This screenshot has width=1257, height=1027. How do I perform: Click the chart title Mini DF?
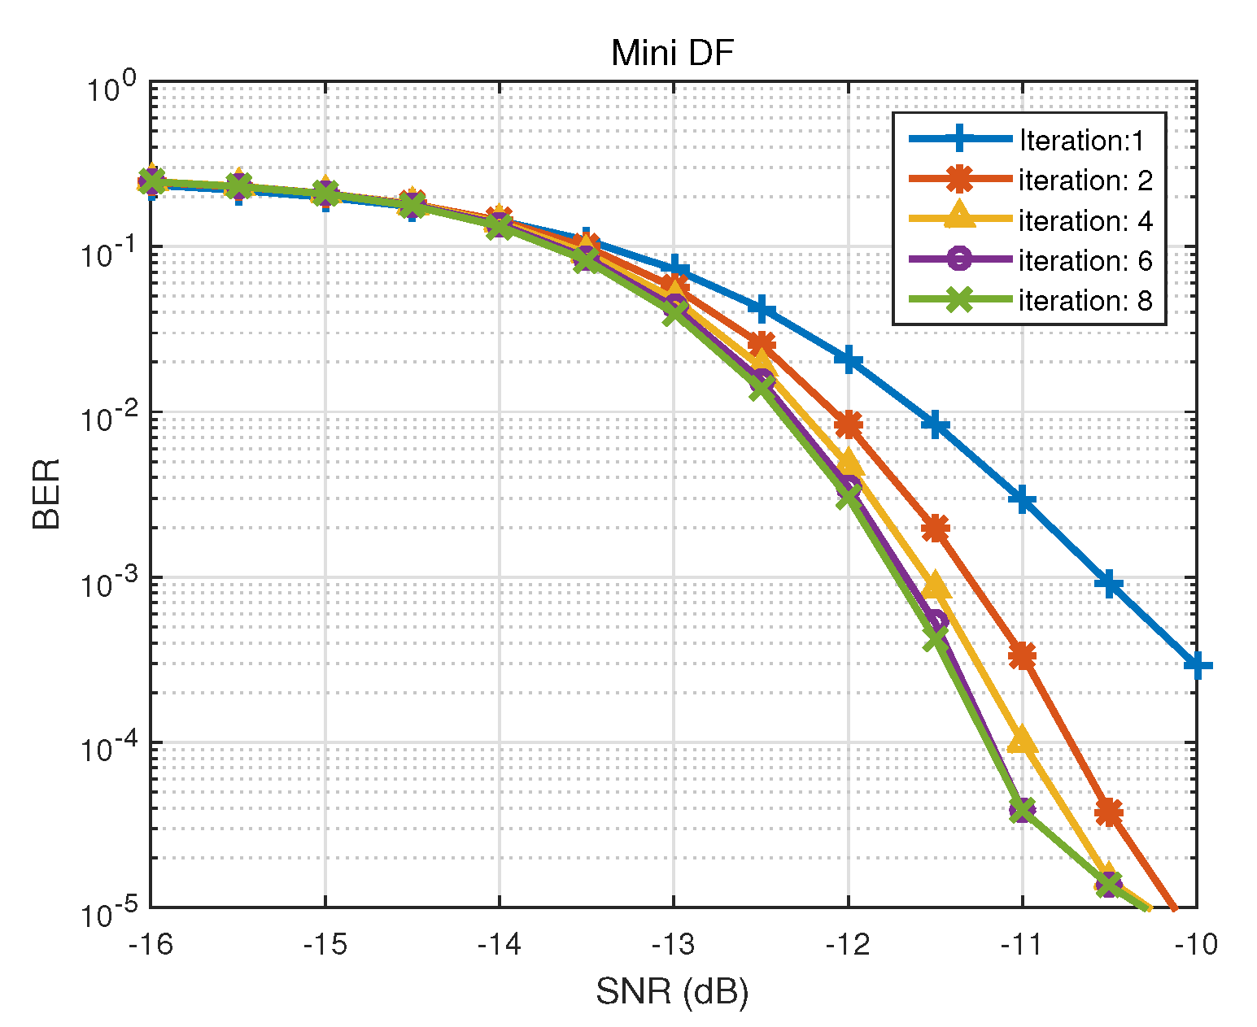(672, 54)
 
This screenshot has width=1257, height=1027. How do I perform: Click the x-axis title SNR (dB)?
(672, 991)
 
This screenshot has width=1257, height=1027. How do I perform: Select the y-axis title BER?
(47, 494)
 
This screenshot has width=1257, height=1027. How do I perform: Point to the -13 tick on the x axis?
(674, 945)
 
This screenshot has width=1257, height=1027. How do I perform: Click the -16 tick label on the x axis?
(151, 945)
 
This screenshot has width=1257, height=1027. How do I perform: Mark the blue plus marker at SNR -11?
(1022, 499)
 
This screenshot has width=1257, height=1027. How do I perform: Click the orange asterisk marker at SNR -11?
(1022, 655)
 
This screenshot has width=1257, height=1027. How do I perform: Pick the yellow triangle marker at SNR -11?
(1022, 741)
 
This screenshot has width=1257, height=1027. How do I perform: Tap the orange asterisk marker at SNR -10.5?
(1109, 812)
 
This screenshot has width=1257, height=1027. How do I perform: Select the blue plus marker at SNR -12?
(848, 359)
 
